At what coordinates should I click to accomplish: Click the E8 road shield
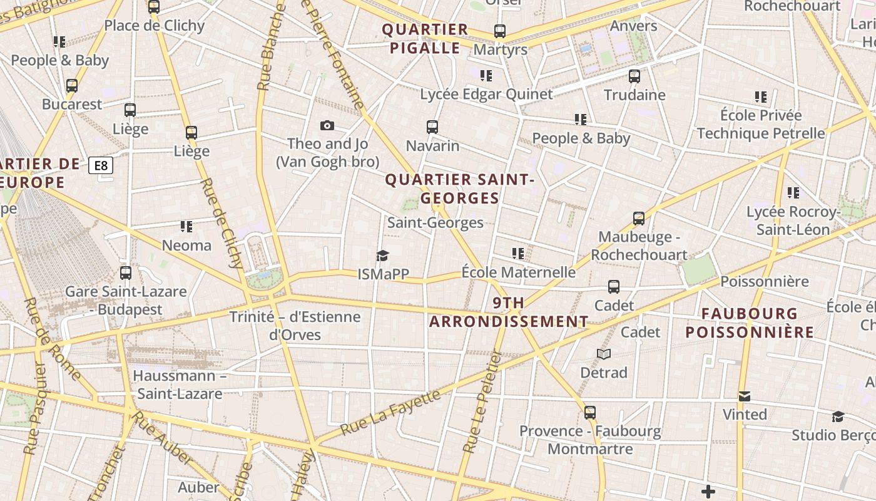[101, 166]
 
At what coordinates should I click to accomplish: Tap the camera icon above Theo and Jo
[327, 126]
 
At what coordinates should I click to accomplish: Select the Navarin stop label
[432, 146]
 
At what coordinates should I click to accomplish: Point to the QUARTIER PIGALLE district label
[425, 39]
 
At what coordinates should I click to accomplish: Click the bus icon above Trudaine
[634, 76]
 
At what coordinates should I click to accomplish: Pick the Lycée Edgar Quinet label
[486, 95]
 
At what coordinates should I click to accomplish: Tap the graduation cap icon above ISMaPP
[382, 255]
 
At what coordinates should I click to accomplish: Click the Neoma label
[186, 245]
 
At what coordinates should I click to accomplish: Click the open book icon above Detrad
[603, 354]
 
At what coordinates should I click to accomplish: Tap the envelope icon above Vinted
[744, 396]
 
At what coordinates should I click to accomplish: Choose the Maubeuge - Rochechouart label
[639, 245]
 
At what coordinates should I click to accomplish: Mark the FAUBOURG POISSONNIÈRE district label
[750, 323]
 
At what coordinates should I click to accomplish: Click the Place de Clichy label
[154, 26]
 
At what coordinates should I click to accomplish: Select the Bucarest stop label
[71, 104]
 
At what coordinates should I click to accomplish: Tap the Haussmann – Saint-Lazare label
[180, 385]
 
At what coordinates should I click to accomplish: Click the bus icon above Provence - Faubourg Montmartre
[589, 413]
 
